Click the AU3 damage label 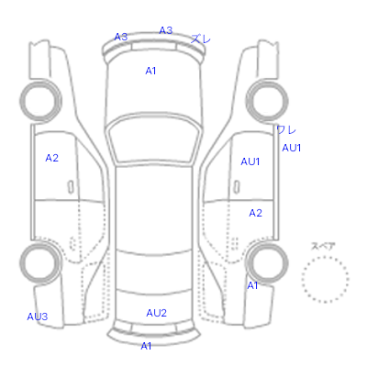pyautogui.click(x=38, y=317)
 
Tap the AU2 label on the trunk pyautogui.click(x=156, y=313)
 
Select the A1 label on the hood pyautogui.click(x=150, y=71)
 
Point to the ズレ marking pyautogui.click(x=201, y=39)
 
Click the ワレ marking pyautogui.click(x=286, y=130)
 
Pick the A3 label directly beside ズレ pyautogui.click(x=166, y=30)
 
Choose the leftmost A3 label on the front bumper pyautogui.click(x=121, y=37)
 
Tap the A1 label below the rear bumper pyautogui.click(x=146, y=346)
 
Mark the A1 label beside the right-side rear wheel pyautogui.click(x=252, y=285)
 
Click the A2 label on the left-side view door pyautogui.click(x=51, y=158)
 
